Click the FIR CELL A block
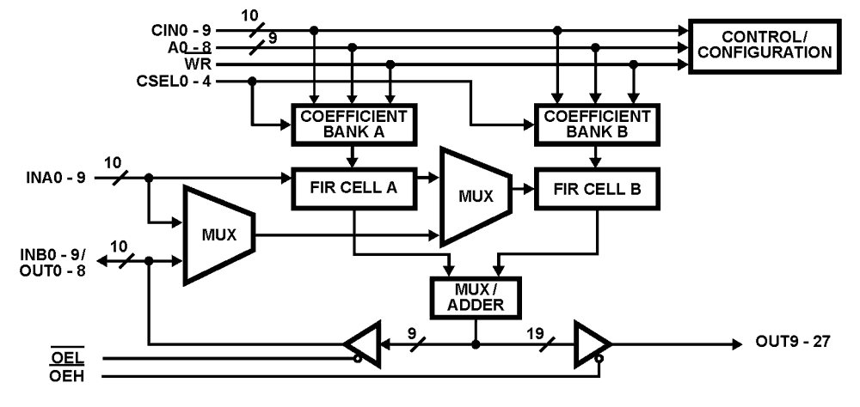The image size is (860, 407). pos(354,187)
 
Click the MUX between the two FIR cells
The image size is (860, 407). pos(474,196)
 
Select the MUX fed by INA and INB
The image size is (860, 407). pos(217,234)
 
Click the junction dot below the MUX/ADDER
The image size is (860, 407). pos(475,343)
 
